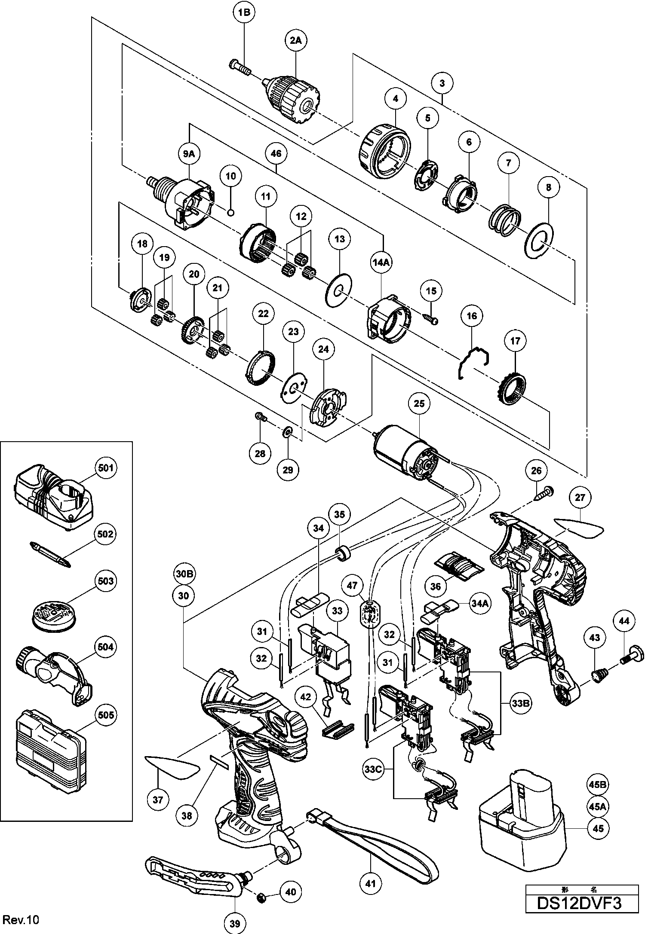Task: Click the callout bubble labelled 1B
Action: point(244,12)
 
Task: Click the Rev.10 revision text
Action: point(20,919)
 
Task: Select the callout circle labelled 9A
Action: point(189,153)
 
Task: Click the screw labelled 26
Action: point(543,492)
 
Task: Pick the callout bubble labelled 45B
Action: point(598,784)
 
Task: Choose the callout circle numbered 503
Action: point(106,581)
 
